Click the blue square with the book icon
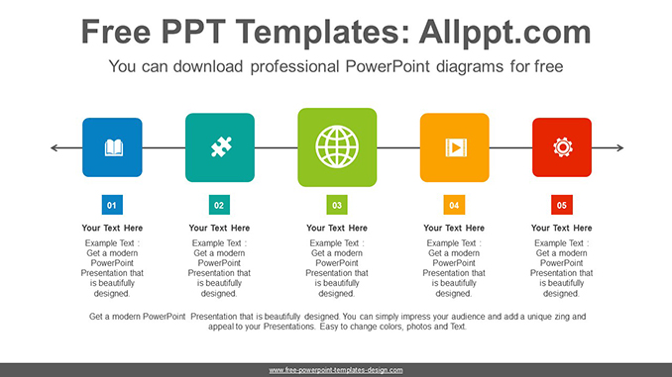click(x=112, y=147)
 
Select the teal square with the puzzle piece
click(x=219, y=147)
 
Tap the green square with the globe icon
click(x=337, y=147)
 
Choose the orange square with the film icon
click(x=454, y=147)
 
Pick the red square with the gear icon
click(x=561, y=147)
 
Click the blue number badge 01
click(x=112, y=206)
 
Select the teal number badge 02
click(x=219, y=206)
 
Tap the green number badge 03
click(x=337, y=206)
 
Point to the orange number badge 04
click(x=454, y=206)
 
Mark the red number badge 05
click(x=561, y=206)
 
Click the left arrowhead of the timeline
click(x=54, y=147)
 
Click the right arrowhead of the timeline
click(x=619, y=147)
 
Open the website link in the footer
click(x=336, y=370)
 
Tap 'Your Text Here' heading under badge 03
click(x=337, y=229)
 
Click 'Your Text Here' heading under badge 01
click(x=112, y=229)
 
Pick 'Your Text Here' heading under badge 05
click(x=561, y=229)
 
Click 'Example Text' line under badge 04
click(x=454, y=242)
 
